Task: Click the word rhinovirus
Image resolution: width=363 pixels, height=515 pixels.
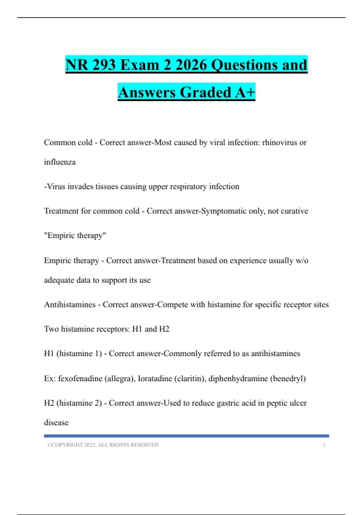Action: click(x=280, y=142)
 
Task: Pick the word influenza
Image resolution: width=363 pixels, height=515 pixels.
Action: click(x=60, y=162)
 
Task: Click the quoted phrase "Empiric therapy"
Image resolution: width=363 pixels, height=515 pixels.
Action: click(x=75, y=235)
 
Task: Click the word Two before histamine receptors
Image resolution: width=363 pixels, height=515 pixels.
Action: click(x=51, y=329)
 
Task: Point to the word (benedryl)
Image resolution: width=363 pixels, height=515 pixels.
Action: click(x=288, y=378)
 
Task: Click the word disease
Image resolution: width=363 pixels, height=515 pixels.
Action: click(x=56, y=423)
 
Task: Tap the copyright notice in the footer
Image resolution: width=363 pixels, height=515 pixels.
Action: click(x=103, y=445)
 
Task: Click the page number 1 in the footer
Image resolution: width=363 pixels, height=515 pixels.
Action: click(x=324, y=445)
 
